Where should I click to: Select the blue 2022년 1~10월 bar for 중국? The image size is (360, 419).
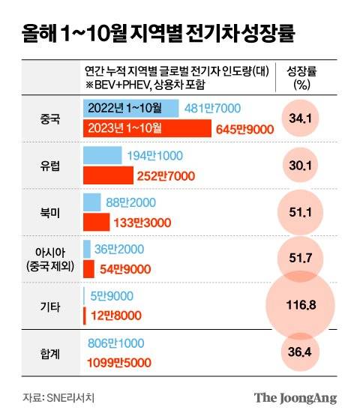[x=130, y=108]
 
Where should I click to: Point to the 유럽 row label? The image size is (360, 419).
[x=52, y=166]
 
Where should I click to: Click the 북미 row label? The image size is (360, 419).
[x=52, y=213]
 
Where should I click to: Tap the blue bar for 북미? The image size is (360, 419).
[x=91, y=202]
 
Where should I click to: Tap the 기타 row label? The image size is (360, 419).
[x=52, y=307]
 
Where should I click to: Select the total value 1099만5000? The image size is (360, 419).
[x=118, y=363]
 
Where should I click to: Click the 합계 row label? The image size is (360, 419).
[x=52, y=352]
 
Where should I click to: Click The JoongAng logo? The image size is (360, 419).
[x=295, y=398]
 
